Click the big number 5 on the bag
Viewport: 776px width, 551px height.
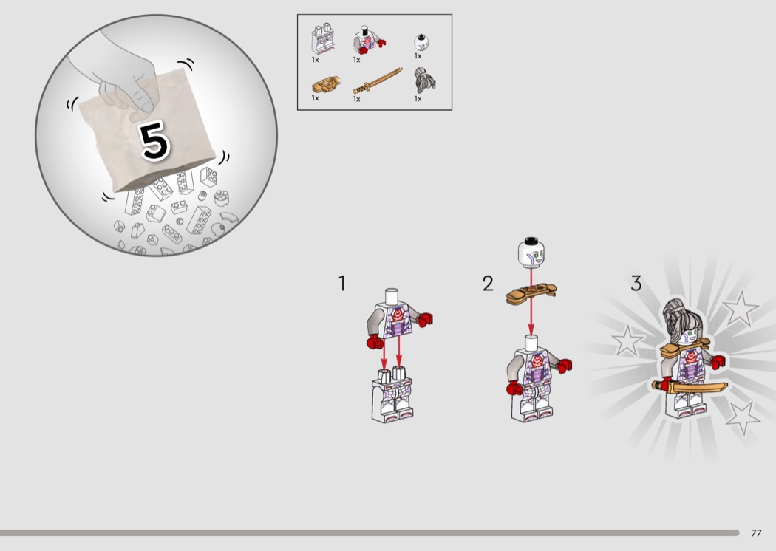tap(155, 141)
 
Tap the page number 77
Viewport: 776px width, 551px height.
tap(756, 533)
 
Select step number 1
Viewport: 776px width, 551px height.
tap(341, 284)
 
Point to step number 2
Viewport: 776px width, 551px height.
tap(488, 284)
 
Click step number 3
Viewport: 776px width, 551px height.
tap(636, 284)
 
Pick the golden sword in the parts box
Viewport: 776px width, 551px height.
tap(377, 81)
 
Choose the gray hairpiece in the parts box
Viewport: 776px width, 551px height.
tap(425, 80)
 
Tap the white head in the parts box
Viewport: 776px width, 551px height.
tap(421, 43)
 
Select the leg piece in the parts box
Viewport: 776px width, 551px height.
tap(323, 38)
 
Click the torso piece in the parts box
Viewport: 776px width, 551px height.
tap(368, 41)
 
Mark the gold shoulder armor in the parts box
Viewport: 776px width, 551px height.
tap(326, 85)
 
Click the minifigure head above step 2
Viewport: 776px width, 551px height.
tap(531, 252)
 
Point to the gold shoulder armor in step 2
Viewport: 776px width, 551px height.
tap(531, 293)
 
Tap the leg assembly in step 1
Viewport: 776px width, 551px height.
tap(392, 394)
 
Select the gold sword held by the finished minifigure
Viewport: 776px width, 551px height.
tap(690, 386)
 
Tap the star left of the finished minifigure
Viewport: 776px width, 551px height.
tap(627, 340)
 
